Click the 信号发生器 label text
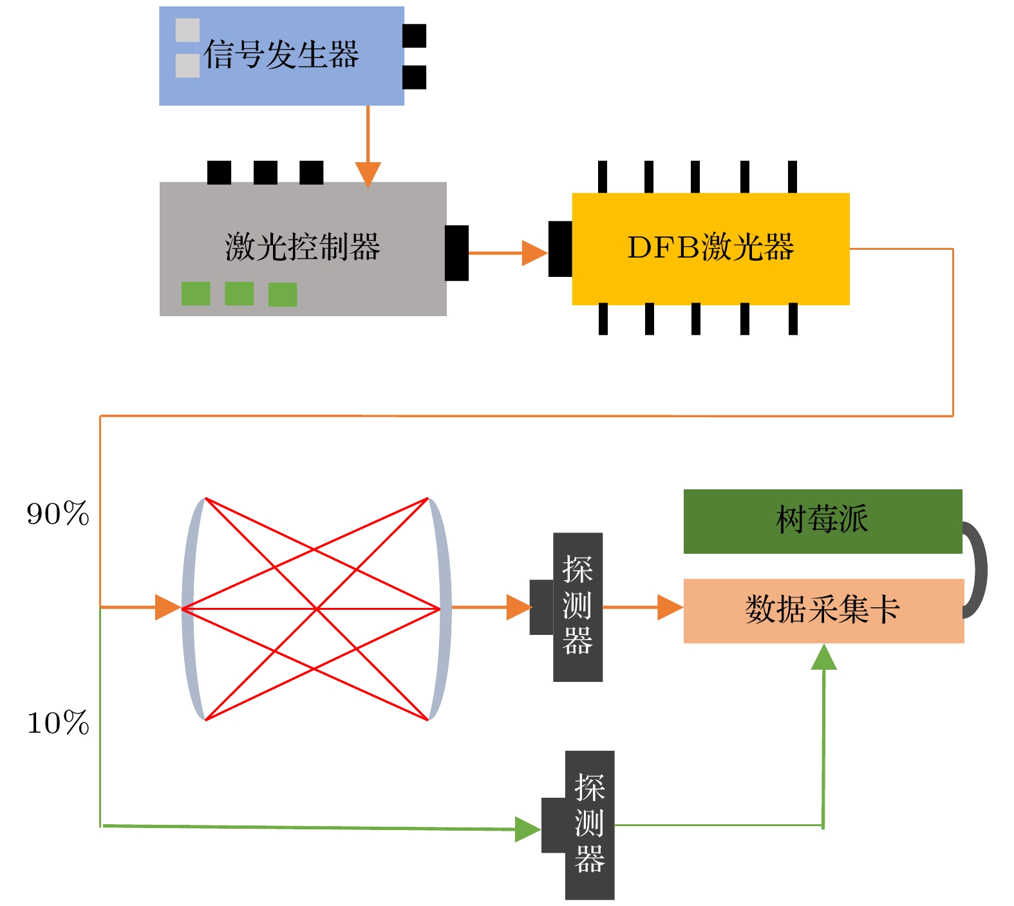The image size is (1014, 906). click(x=281, y=55)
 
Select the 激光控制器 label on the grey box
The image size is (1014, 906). click(x=303, y=247)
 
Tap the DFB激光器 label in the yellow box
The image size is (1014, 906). click(x=710, y=247)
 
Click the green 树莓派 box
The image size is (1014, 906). click(x=822, y=521)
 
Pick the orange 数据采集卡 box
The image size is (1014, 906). click(x=823, y=610)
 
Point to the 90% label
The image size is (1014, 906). click(x=58, y=514)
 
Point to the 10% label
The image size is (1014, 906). click(x=58, y=723)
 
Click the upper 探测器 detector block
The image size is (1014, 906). click(x=577, y=607)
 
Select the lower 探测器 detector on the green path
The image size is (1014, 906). click(x=589, y=825)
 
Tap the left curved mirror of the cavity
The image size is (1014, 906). click(x=191, y=608)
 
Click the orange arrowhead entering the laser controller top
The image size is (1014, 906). click(x=368, y=174)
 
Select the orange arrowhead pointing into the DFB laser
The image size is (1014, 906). click(x=534, y=253)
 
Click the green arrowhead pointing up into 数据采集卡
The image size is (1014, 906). click(x=823, y=657)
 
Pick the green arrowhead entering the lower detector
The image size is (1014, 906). click(x=527, y=829)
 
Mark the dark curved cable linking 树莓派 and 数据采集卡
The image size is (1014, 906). click(x=979, y=569)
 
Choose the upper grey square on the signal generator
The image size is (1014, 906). click(x=187, y=30)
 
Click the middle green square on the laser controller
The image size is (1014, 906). click(x=239, y=294)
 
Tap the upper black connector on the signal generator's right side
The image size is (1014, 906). click(x=414, y=36)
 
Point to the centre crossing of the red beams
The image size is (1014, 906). click(x=315, y=609)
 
